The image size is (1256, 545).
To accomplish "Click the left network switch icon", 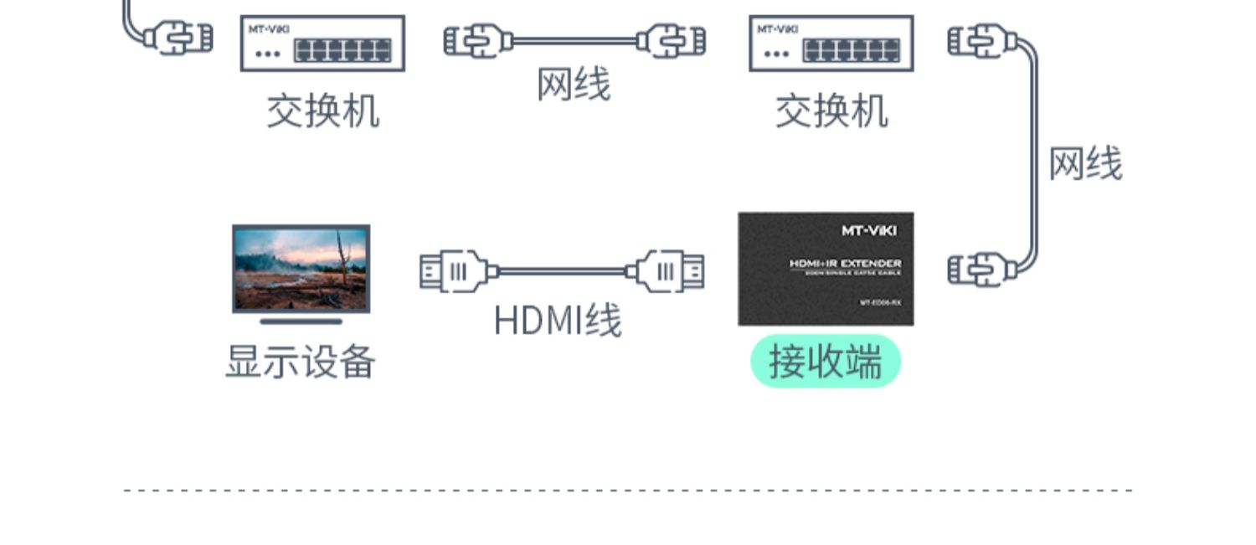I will point(322,43).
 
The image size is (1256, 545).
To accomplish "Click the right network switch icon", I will point(831,43).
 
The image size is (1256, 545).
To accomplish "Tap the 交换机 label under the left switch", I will point(322,111).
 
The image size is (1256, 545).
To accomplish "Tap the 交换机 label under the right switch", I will point(831,111).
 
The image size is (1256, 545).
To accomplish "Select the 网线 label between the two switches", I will point(574,85).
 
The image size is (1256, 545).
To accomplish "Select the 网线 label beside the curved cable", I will point(1085,164).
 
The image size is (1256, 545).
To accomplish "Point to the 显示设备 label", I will point(301,362).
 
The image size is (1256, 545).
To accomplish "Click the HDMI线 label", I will point(558,321).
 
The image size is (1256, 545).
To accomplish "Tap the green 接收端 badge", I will point(825,362).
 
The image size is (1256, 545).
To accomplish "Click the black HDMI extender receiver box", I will point(826,269).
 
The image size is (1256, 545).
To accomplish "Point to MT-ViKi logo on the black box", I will point(868,230).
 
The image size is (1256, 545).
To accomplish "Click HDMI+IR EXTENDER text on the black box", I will point(845,264).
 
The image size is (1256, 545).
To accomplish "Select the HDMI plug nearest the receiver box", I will point(669,271).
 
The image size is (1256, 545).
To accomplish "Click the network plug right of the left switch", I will point(477,40).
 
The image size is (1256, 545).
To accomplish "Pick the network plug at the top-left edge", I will point(178,38).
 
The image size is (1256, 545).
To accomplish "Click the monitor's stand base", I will point(301,321).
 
